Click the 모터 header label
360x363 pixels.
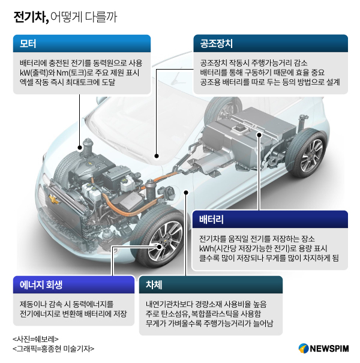point(28,44)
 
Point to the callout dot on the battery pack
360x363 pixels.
point(259,134)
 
